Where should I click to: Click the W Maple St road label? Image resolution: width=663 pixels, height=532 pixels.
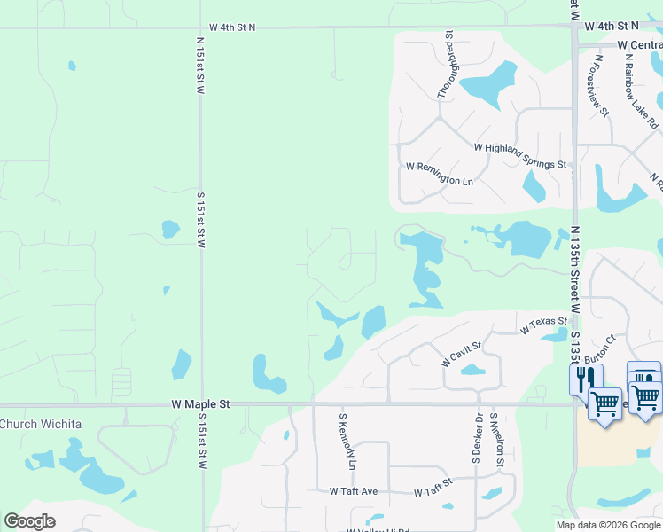click(200, 403)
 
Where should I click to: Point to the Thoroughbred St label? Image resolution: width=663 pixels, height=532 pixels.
click(445, 64)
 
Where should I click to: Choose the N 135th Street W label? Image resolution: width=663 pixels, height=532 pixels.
click(575, 267)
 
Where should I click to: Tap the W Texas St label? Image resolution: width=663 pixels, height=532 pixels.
click(543, 325)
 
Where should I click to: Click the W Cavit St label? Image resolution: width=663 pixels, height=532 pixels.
click(461, 354)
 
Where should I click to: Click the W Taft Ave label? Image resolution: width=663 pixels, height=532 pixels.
click(354, 490)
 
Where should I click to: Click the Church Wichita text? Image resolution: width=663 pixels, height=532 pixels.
click(41, 424)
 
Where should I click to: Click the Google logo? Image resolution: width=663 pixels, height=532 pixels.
click(29, 520)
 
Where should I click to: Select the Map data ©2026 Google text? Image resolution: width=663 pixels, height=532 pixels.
click(608, 525)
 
